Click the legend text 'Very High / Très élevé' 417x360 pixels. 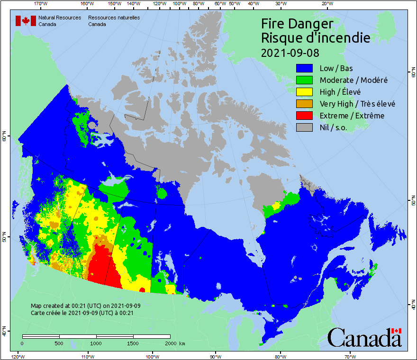click(x=357, y=104)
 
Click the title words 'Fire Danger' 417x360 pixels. click(x=297, y=24)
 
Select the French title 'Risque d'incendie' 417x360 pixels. click(x=316, y=37)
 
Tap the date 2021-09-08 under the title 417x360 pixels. click(x=290, y=52)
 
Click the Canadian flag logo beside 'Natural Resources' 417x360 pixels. click(x=26, y=21)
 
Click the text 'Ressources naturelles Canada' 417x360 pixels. click(x=114, y=21)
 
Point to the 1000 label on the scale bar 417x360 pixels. click(x=96, y=343)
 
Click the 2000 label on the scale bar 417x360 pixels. click(x=170, y=343)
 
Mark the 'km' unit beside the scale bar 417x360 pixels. click(x=182, y=343)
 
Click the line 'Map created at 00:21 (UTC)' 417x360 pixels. click(x=86, y=306)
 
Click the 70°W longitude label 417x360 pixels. click(x=350, y=356)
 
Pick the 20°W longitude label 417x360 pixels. click(x=326, y=3)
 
